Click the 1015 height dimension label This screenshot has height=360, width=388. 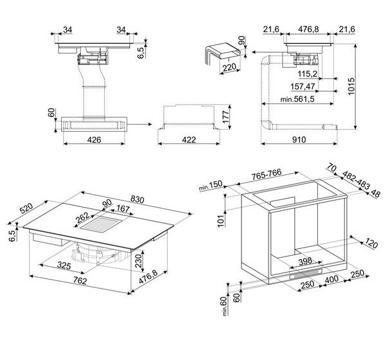pos(351,86)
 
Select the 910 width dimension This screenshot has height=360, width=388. pos(299,139)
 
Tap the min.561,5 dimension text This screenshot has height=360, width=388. pos(297,99)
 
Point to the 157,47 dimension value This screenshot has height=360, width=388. pos(303,87)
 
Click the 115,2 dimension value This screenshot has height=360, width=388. pos(307,74)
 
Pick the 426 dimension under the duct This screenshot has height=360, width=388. pos(94,140)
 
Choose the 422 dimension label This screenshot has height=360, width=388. pos(189,140)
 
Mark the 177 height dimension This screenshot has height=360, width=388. pos(225,117)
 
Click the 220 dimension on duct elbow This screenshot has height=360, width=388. pos(229,67)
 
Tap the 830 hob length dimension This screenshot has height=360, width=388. pos(137,199)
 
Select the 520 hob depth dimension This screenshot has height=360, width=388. pos(26,208)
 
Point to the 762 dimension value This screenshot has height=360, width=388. pos(80,281)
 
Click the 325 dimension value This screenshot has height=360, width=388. pos(64,265)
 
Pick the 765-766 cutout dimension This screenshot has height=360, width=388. pos(266,174)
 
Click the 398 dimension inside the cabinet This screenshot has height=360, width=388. pos(305,261)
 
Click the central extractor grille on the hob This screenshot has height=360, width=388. pos(101,224)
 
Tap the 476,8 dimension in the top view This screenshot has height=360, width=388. pos(308,29)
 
